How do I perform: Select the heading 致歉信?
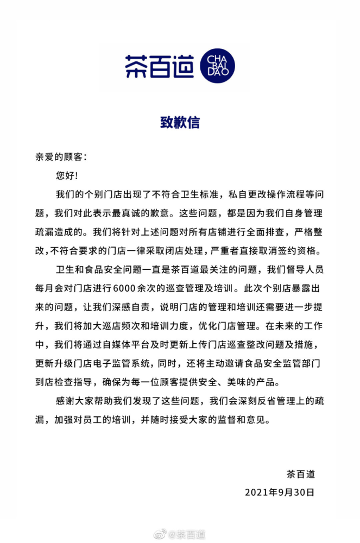point(180,123)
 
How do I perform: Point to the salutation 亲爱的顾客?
point(58,156)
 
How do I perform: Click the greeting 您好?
point(67,175)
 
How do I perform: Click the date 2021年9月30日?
point(280,493)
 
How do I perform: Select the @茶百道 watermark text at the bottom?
point(187,535)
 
